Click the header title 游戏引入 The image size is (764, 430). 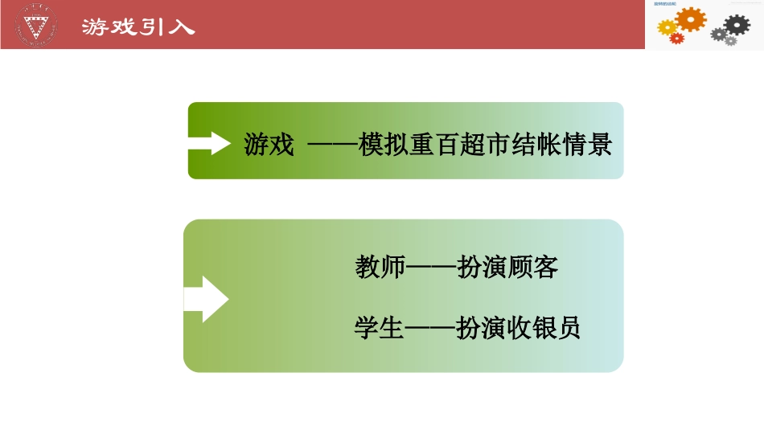coord(138,27)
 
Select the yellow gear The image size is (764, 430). coord(667,28)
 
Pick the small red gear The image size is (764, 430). coord(677,38)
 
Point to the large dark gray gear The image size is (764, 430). coord(737,24)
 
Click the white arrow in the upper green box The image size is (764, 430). coord(210,142)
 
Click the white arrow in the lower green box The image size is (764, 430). coord(207,299)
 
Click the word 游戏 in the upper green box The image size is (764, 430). coord(269,145)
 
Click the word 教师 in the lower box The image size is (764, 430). coord(380,267)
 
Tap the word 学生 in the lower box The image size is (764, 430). coord(380,328)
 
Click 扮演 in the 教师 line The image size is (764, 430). coord(481,267)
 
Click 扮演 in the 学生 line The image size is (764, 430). coord(481,328)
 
